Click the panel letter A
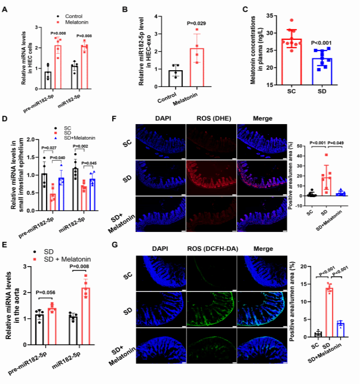[4, 10]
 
